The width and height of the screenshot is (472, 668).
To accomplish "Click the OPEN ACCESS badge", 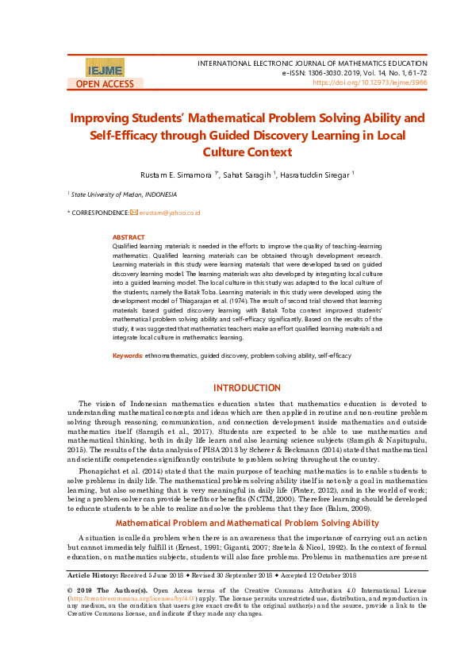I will (x=105, y=83).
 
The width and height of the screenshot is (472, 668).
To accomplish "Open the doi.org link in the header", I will (x=370, y=82).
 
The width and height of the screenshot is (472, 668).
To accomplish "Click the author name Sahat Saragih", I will (x=248, y=174).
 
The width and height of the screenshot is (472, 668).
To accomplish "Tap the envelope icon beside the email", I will (x=134, y=213).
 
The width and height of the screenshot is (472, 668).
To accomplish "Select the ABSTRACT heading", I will (x=129, y=237).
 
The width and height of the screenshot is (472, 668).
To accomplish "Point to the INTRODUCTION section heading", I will (x=248, y=388).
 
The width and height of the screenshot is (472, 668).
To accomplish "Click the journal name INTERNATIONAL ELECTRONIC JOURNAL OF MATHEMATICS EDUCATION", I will (x=312, y=62).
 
